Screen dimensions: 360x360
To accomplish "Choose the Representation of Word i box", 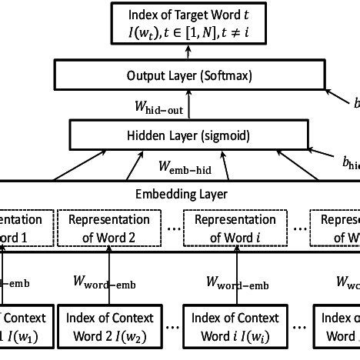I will tap(234, 228).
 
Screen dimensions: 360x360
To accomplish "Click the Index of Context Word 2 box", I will tap(108, 327).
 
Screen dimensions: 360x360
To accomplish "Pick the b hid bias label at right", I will tap(351, 163).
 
